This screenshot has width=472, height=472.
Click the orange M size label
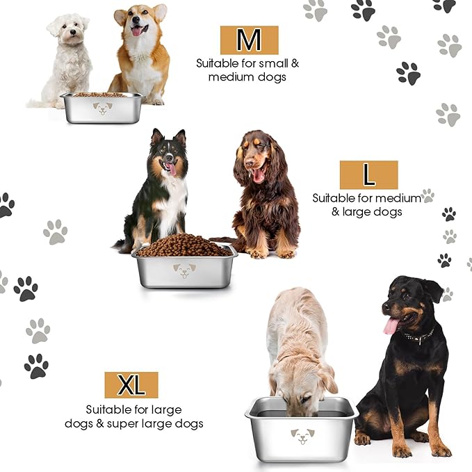(249, 40)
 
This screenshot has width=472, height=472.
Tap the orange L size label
(368, 175)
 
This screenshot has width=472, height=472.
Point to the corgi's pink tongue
(137, 31)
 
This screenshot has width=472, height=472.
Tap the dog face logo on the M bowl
(103, 108)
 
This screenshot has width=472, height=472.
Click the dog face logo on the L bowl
(184, 270)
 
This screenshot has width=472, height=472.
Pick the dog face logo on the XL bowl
(302, 436)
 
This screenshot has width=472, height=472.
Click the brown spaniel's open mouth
(258, 174)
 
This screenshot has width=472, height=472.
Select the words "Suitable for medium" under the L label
(366, 198)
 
